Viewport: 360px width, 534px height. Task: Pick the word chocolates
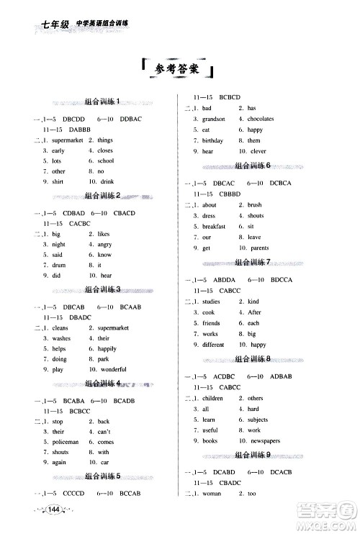(x=260, y=119)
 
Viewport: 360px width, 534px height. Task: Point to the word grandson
(x=213, y=119)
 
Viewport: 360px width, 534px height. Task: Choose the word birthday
(x=212, y=140)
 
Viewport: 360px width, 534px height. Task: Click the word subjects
(x=258, y=419)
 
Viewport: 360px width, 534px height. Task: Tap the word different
(x=214, y=344)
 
